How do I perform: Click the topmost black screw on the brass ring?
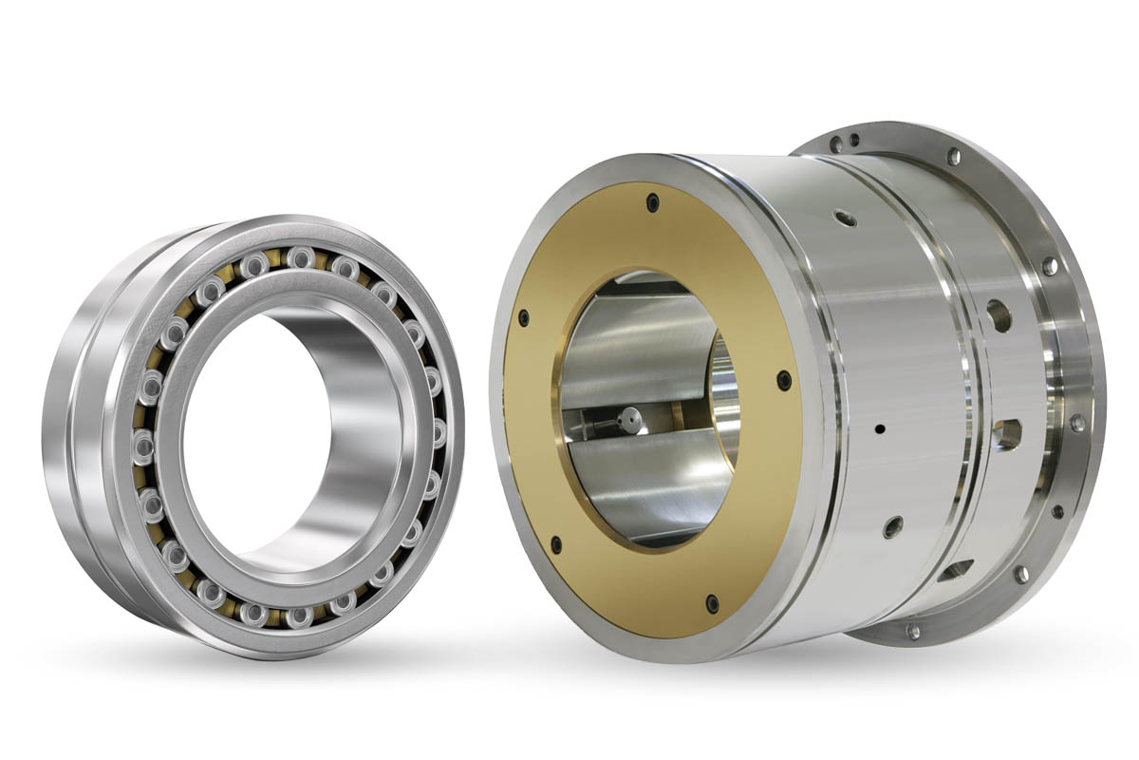tap(652, 202)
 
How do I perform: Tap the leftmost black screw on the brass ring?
tap(522, 318)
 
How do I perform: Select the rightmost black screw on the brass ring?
tap(784, 381)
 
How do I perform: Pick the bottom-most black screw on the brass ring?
tap(712, 602)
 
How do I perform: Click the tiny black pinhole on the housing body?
tap(880, 428)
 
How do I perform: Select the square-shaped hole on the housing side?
tap(1008, 434)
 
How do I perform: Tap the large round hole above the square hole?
tap(998, 316)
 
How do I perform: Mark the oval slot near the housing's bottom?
tap(957, 569)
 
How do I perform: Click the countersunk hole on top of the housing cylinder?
tap(844, 218)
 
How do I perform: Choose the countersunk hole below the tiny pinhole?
tap(892, 526)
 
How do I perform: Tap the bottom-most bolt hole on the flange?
tap(912, 631)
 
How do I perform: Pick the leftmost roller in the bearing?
tap(144, 443)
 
